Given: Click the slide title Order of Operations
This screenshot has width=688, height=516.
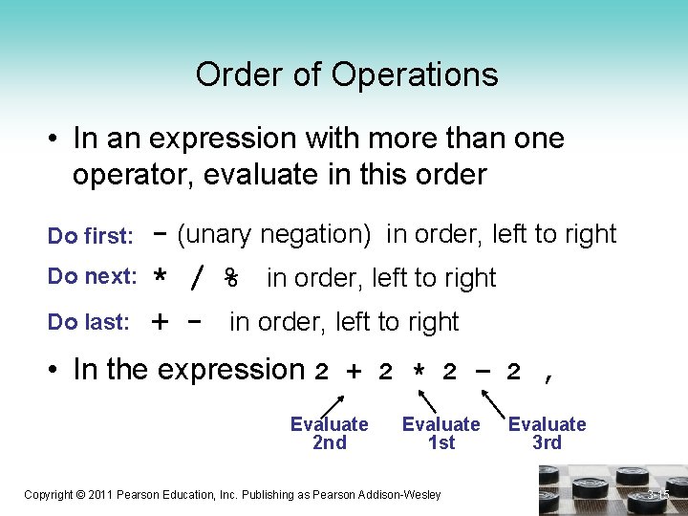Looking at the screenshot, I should pyautogui.click(x=347, y=75).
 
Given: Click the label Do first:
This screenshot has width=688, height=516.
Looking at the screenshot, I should pyautogui.click(x=90, y=236).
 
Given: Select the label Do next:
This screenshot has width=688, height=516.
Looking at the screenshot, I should pyautogui.click(x=93, y=277).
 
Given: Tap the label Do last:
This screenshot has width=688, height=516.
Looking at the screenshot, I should pyautogui.click(x=88, y=323).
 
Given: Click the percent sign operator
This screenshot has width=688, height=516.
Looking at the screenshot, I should pyautogui.click(x=230, y=278).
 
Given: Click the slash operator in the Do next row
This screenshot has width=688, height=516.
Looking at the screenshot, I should pyautogui.click(x=197, y=278).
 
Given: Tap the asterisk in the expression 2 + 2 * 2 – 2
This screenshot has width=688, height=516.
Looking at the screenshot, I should pyautogui.click(x=418, y=373).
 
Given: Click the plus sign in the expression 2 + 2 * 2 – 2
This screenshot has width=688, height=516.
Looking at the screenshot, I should pyautogui.click(x=354, y=373).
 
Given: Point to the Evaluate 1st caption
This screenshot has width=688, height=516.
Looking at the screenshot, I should pyautogui.click(x=441, y=433).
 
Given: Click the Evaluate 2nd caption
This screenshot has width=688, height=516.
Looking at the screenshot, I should pyautogui.click(x=329, y=433).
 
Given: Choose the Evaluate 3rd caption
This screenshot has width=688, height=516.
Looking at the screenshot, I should pyautogui.click(x=547, y=433).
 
